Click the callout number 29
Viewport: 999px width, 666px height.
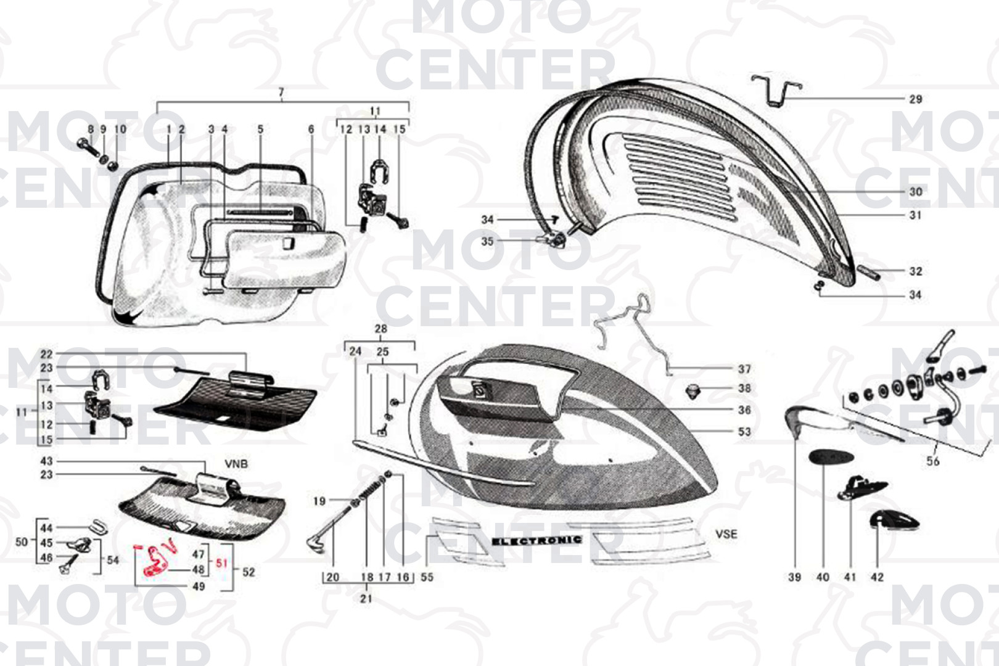tap(916, 99)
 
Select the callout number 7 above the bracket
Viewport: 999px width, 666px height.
tap(281, 92)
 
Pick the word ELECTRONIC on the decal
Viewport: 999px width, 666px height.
tap(536, 541)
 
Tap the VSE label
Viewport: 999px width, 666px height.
tap(726, 534)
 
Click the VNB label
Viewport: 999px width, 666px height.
tap(236, 464)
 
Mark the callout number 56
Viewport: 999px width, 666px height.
tap(933, 461)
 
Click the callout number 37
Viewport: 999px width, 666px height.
tap(744, 369)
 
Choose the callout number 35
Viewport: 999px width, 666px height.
tap(487, 241)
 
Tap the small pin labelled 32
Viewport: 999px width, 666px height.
tap(869, 271)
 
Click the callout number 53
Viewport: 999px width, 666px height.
tap(744, 432)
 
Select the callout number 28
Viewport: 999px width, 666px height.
tap(381, 329)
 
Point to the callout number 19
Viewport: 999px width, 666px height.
tap(319, 501)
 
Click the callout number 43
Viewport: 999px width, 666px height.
tap(46, 461)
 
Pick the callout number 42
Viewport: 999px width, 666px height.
tap(877, 577)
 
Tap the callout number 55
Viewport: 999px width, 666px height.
tap(427, 577)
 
